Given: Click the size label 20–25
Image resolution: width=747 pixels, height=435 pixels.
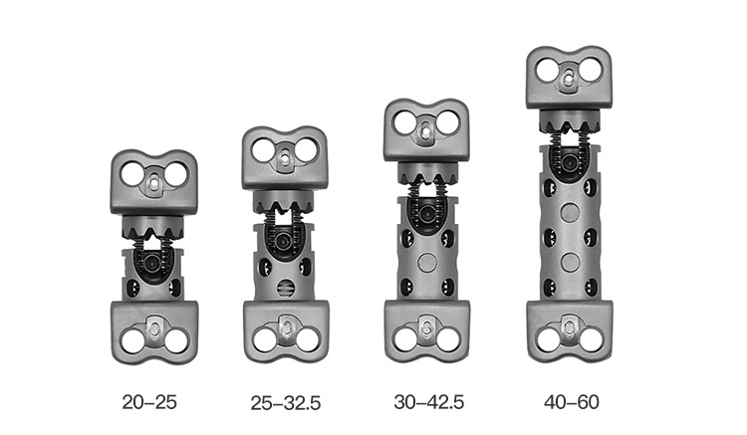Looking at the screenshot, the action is coord(149,402).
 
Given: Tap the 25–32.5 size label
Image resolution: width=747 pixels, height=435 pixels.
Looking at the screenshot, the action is coord(286,403).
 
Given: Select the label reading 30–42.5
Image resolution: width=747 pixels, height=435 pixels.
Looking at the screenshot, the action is coord(428,402).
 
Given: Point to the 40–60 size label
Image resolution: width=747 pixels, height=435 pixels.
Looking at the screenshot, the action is coord(572,402).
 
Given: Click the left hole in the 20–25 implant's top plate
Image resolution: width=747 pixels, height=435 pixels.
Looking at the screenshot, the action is coord(131,174).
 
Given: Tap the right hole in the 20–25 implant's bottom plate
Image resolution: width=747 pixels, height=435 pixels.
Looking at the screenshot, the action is coord(176,340).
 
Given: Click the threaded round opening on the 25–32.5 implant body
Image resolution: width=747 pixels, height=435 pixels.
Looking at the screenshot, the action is coord(286,288).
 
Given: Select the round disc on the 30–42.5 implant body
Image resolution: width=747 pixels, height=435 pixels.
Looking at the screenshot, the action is coord(427,262).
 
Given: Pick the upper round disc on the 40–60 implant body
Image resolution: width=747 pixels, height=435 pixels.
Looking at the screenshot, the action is coord(571,212).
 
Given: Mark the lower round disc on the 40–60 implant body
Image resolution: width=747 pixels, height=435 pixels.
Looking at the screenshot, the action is coord(571,261).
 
